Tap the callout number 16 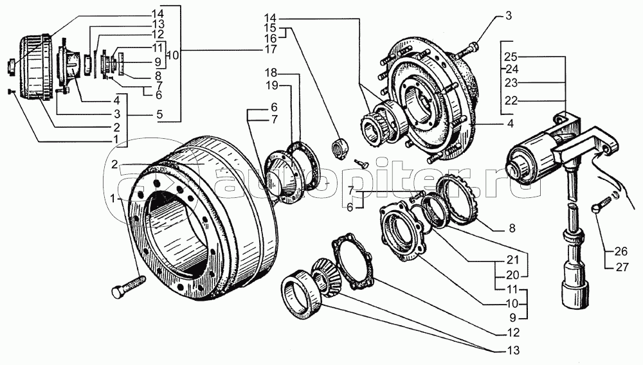point(270,39)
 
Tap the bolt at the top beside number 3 point(475,46)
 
